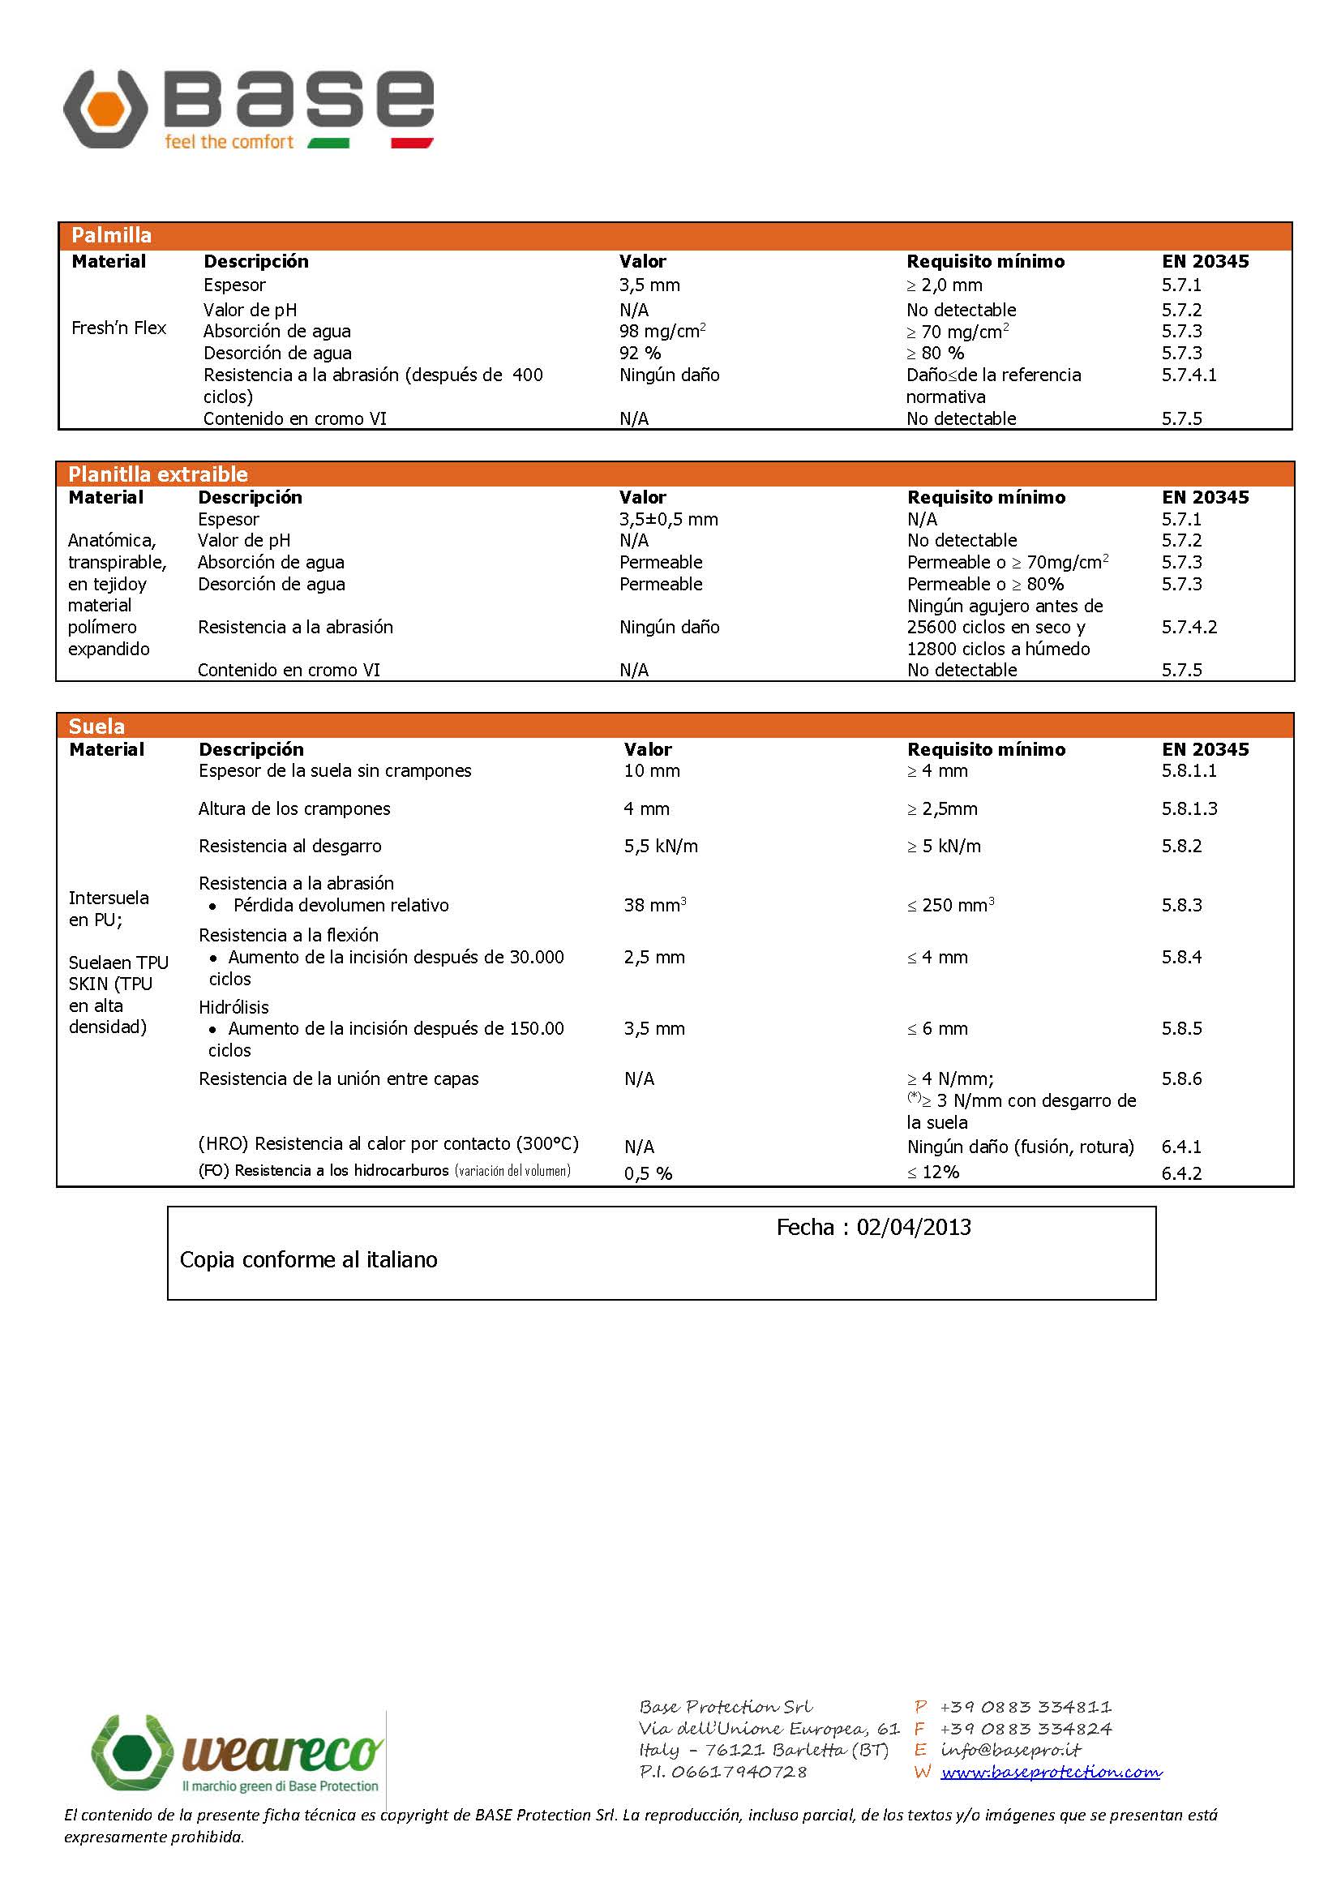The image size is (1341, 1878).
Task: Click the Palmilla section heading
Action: coord(111,235)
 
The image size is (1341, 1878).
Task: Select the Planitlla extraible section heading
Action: coord(158,474)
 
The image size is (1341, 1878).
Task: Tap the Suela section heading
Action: coord(96,727)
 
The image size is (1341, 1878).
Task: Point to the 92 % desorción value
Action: coord(640,354)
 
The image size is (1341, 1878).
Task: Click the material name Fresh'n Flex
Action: coord(119,328)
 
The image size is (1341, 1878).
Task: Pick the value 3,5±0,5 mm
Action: coord(669,520)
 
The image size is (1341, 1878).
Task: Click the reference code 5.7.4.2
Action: coord(1189,627)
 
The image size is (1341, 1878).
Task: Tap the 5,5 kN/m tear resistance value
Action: coord(661,846)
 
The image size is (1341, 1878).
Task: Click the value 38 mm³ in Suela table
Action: coord(655,905)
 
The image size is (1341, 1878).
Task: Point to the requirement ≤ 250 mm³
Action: coord(950,905)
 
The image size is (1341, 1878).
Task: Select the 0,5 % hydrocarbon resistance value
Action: coord(649,1173)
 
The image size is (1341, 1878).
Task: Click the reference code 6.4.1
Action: coord(1181,1147)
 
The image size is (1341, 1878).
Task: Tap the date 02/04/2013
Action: coord(913,1228)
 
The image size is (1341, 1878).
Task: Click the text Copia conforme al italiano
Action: coord(309,1260)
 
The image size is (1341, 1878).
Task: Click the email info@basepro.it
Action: coord(1010,1750)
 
